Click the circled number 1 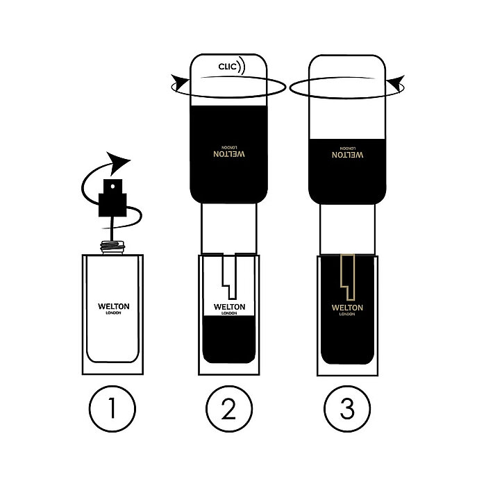coord(112,409)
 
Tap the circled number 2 coord(229,409)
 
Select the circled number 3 coord(347,409)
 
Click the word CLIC coord(227,67)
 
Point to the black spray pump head coord(112,198)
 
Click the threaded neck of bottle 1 coord(112,247)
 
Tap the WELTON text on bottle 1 coord(114,306)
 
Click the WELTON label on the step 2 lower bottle coord(229,307)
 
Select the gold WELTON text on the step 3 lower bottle coord(347,308)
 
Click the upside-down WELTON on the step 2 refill coord(229,154)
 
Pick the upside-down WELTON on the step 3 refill coord(347,155)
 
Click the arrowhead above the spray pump coord(117,162)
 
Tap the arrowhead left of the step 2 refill coord(181,83)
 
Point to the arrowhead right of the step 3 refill coord(396,83)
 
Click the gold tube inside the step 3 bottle coord(348,277)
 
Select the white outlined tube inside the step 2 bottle coord(230,276)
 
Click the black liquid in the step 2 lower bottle coord(229,340)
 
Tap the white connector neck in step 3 coord(347,229)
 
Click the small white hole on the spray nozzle coord(112,187)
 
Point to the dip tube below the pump coord(112,228)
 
